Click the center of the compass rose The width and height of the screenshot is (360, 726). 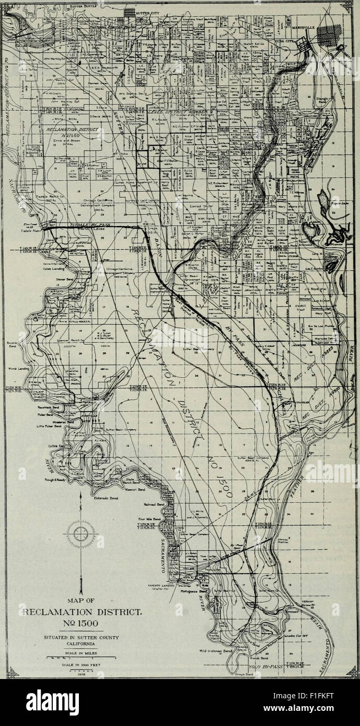(81, 534)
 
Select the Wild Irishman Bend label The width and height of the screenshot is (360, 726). (216, 651)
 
